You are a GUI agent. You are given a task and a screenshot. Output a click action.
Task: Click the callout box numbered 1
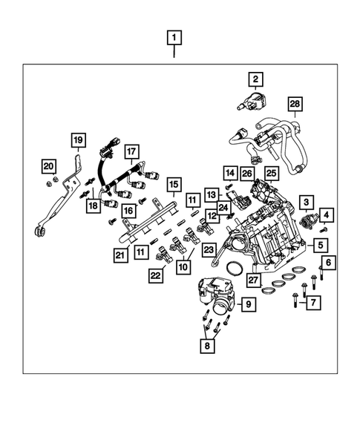point(174,36)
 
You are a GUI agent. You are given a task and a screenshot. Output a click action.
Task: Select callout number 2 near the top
point(255,79)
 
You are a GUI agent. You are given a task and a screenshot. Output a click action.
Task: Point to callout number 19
point(78,139)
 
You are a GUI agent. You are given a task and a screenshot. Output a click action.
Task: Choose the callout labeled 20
point(48,165)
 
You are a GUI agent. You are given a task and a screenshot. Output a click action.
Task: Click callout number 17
point(131,153)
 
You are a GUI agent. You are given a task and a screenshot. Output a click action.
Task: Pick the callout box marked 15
point(173,184)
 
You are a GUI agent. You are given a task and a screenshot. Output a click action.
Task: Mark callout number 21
point(120,255)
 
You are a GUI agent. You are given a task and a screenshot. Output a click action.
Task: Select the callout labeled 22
point(155,275)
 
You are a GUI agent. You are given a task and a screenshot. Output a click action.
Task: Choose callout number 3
point(304,201)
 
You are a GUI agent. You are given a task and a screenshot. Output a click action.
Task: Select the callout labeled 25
point(271,174)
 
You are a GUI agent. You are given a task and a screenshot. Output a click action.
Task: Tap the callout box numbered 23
point(209,250)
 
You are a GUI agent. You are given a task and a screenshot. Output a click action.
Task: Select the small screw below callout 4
point(323,231)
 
